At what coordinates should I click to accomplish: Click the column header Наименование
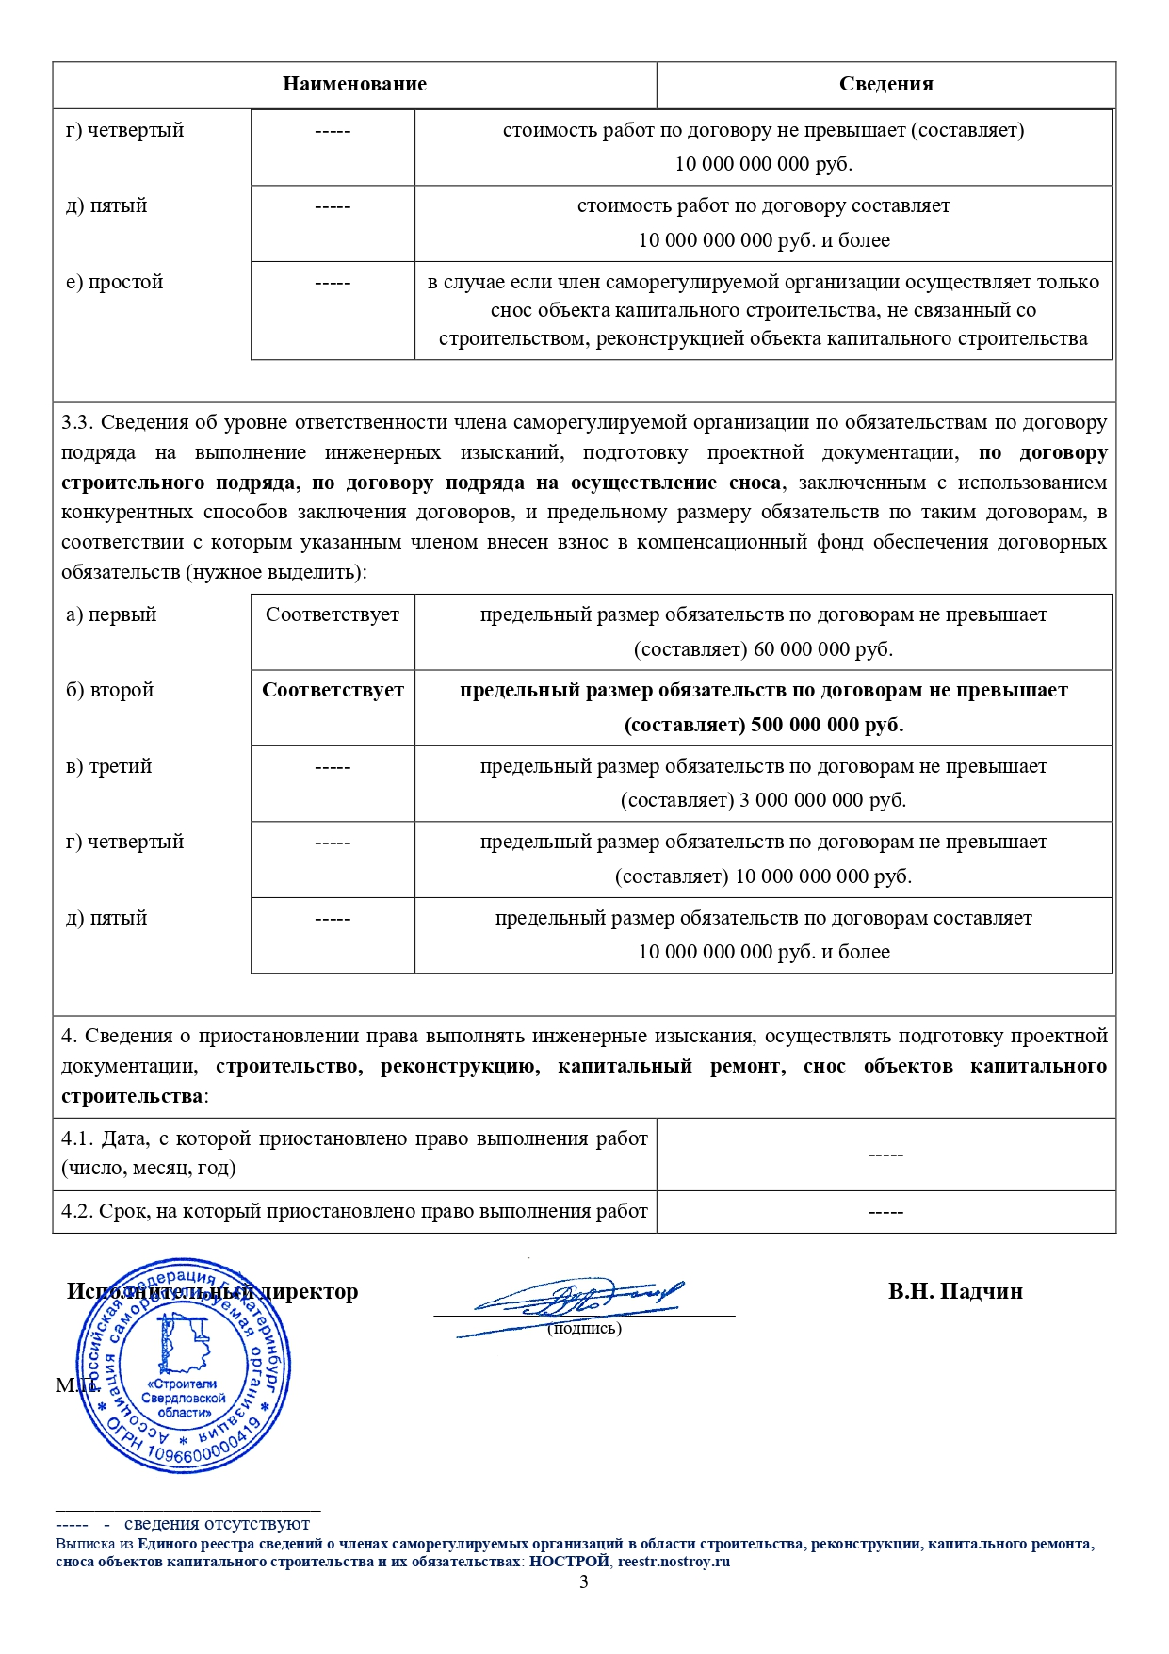point(354,84)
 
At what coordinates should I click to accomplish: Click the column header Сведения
point(885,84)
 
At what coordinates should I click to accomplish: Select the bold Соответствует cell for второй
point(333,690)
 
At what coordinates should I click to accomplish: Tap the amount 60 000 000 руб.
point(822,649)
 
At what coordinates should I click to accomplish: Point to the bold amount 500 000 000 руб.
point(826,725)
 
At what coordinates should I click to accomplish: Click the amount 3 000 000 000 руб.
point(822,800)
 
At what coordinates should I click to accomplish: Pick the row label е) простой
point(114,282)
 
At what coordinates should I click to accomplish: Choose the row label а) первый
point(111,614)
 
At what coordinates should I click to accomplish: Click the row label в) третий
point(108,766)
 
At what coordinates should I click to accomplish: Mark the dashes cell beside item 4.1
point(885,1155)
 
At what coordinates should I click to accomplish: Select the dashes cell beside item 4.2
point(885,1212)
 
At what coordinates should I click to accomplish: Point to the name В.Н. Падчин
point(954,1291)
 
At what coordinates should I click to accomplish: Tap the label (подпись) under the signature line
point(584,1329)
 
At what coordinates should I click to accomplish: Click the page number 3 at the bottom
point(584,1582)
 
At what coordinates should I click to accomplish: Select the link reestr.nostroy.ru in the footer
point(674,1562)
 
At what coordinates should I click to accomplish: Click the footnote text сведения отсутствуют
point(217,1524)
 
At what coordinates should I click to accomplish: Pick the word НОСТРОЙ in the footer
point(569,1562)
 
